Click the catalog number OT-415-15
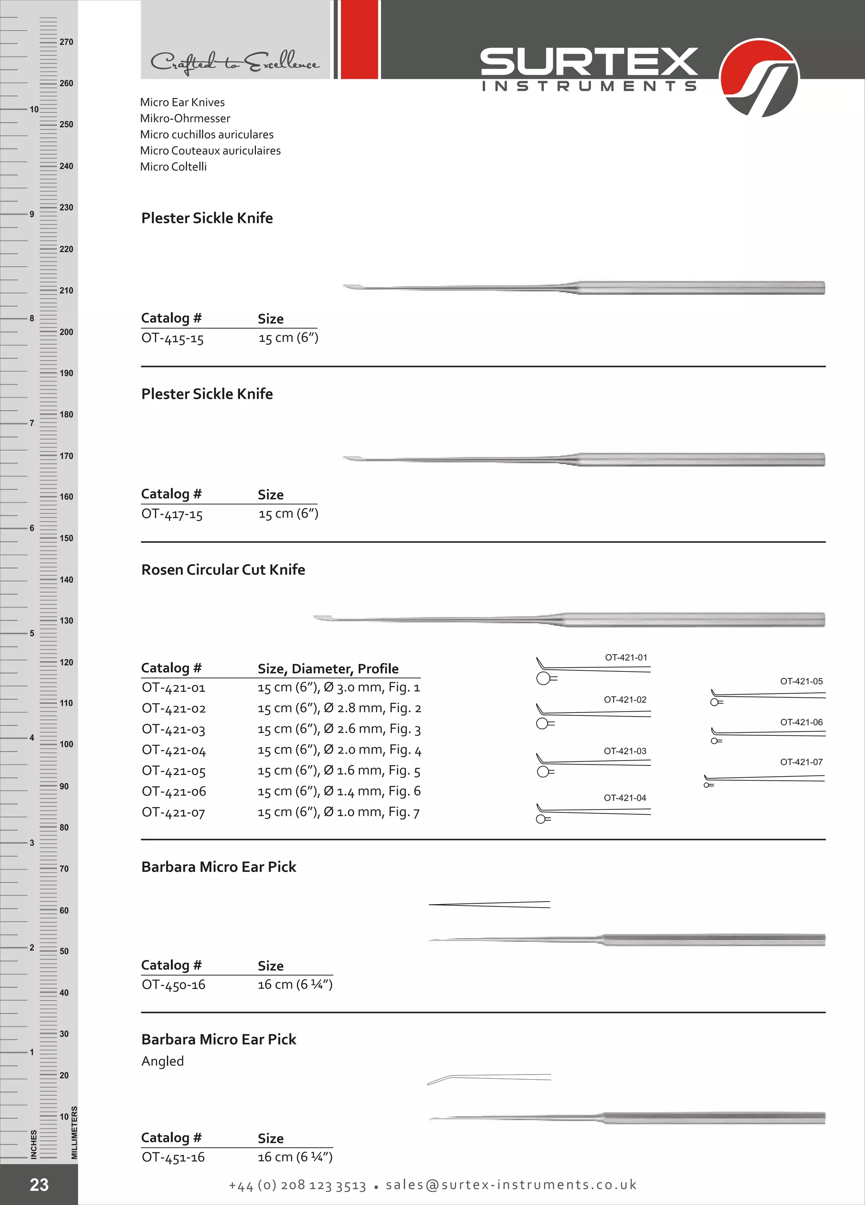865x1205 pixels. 172,338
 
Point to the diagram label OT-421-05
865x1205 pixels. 801,681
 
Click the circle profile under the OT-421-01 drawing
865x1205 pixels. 543,679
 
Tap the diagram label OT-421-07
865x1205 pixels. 801,762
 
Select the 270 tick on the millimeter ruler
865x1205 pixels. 66,42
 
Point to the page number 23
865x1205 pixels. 39,1184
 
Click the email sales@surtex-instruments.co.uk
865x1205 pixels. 511,1185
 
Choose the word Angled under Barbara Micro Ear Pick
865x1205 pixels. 162,1061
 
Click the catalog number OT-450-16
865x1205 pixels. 173,985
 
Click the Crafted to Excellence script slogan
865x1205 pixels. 234,63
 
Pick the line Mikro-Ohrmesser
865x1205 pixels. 185,119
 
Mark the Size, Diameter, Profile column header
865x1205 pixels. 328,669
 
